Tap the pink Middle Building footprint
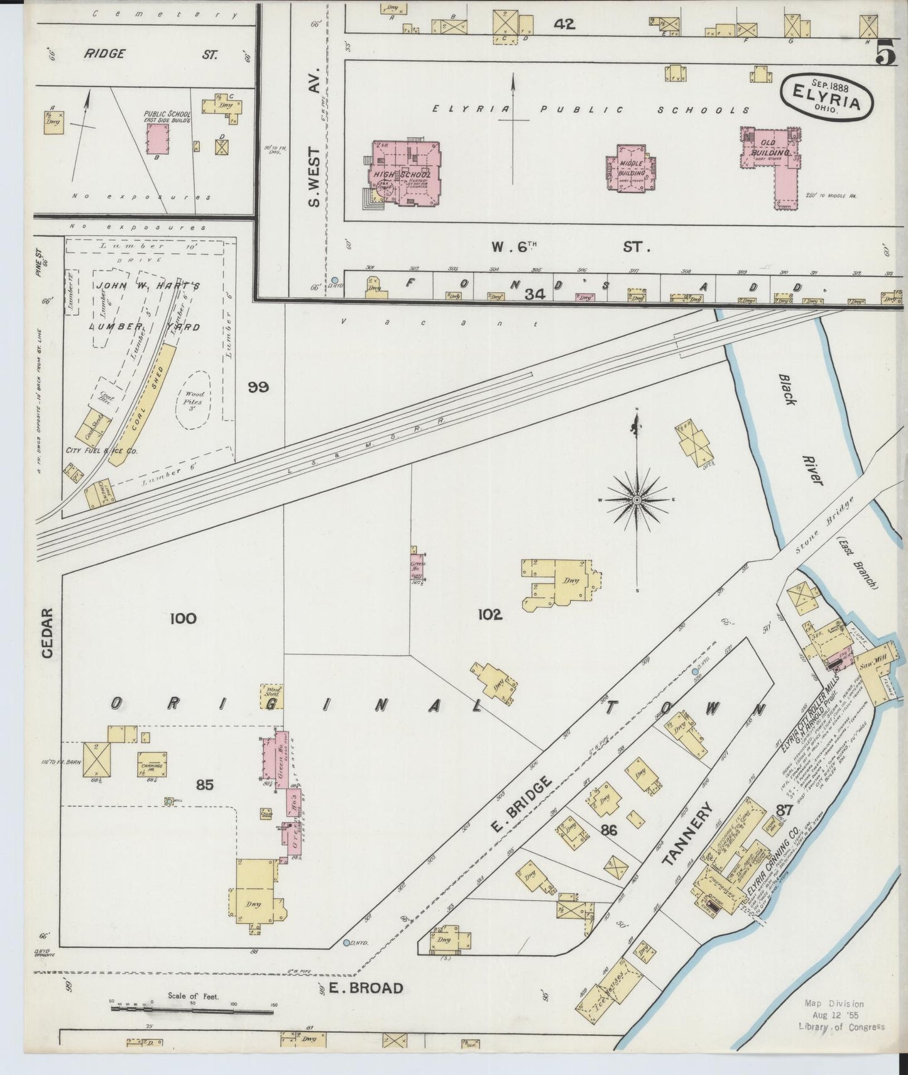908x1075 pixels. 632,168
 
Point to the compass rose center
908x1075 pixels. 637,500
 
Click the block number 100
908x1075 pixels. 183,619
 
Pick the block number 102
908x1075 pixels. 490,615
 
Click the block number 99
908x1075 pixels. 258,387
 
